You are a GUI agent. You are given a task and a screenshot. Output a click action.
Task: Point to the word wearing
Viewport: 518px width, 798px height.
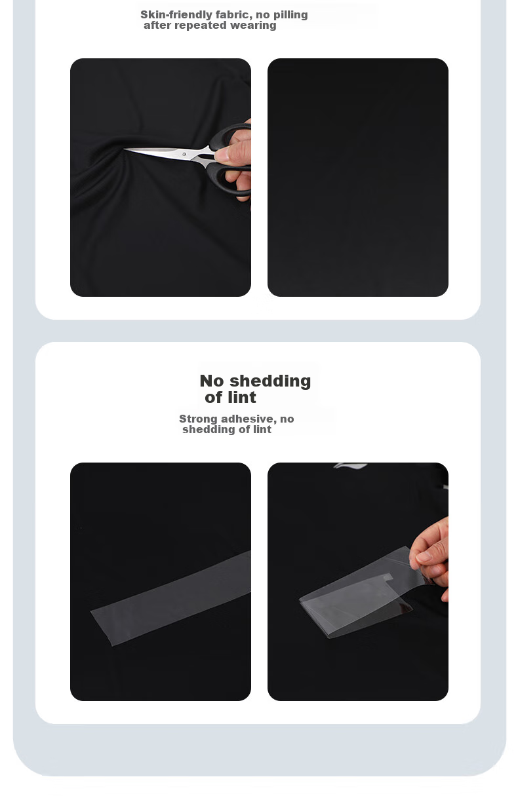coord(253,26)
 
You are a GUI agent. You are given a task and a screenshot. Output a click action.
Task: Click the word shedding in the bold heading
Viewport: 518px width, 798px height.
coord(270,381)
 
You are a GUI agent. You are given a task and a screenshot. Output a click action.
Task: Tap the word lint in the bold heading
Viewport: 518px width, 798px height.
coord(243,397)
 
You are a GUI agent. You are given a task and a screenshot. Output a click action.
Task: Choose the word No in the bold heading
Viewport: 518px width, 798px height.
coord(212,381)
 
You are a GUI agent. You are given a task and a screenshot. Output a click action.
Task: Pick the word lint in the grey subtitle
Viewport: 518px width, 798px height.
coord(262,429)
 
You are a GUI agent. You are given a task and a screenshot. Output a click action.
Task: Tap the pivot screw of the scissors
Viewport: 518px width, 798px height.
coord(184,154)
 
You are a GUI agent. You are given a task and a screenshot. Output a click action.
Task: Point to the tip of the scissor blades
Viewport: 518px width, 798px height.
coord(124,149)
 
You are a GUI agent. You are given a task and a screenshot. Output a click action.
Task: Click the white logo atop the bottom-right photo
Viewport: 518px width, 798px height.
coord(350,466)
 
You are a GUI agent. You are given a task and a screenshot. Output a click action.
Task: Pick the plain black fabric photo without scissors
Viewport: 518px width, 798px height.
coord(358,178)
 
